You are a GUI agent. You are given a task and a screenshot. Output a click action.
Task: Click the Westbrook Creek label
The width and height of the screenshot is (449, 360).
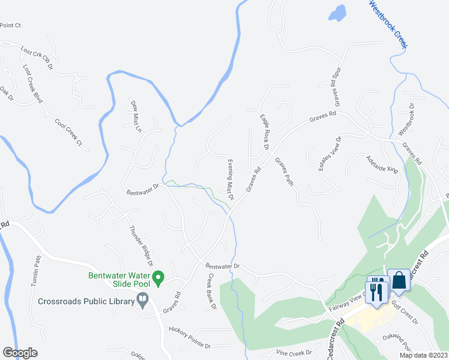(388, 25)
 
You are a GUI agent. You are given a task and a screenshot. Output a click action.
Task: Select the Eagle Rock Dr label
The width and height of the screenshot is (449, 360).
(264, 132)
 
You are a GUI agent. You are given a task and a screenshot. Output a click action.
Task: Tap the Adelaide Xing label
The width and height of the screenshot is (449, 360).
(382, 164)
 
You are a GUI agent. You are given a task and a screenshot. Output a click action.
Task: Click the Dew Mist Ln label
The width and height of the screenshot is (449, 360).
(136, 116)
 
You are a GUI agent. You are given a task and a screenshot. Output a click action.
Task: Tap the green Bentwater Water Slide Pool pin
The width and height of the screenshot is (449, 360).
(158, 278)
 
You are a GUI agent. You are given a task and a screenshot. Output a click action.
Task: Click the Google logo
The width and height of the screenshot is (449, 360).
(20, 353)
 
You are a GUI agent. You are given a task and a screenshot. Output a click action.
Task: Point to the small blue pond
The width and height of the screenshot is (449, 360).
(338, 11)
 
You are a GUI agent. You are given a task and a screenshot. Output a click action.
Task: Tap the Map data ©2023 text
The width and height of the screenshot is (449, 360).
(423, 355)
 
